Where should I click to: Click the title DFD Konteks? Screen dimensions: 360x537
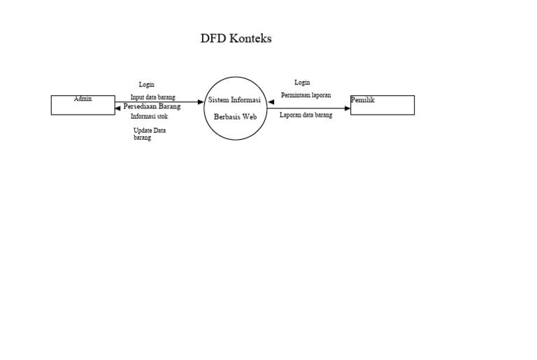(x=236, y=38)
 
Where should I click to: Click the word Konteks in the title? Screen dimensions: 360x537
(x=250, y=38)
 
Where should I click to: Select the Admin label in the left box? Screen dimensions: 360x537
(x=83, y=99)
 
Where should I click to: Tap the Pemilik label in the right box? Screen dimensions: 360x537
(x=363, y=100)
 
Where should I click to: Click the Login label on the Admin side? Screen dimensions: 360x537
(x=146, y=85)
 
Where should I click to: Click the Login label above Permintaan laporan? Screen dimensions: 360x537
(x=302, y=82)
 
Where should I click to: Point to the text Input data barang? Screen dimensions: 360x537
(x=152, y=97)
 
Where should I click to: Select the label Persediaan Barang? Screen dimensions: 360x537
(x=152, y=106)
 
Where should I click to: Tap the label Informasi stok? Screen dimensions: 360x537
(x=149, y=117)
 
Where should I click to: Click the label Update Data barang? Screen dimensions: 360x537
(x=149, y=134)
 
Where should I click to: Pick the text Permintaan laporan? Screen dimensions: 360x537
(x=306, y=94)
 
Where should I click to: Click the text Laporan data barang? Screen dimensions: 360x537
(x=306, y=115)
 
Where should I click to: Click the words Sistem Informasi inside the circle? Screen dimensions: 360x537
(x=235, y=101)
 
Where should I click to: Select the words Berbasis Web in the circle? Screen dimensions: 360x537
(x=236, y=117)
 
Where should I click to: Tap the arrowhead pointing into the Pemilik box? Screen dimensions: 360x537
(x=348, y=108)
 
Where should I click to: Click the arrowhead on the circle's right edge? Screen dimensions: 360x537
(x=271, y=102)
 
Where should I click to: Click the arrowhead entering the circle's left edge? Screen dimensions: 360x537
(x=201, y=101)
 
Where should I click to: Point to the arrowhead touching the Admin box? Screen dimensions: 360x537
(x=117, y=108)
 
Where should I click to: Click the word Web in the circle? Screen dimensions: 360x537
(x=250, y=117)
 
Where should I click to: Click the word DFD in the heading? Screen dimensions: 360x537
(x=213, y=38)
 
